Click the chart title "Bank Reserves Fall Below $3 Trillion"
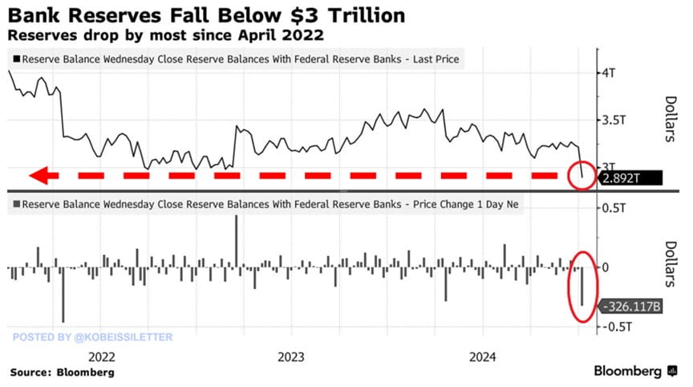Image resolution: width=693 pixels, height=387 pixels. [x=207, y=15]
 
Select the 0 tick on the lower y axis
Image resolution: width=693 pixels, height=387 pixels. [x=606, y=267]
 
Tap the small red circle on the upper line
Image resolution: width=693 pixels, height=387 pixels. [x=582, y=174]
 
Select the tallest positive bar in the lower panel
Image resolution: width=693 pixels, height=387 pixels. [x=237, y=241]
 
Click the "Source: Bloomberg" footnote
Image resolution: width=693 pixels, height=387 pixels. [x=62, y=373]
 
